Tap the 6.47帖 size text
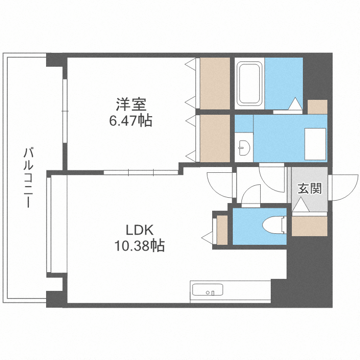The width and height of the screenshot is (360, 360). [x=131, y=120]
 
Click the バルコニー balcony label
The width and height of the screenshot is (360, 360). [x=28, y=178]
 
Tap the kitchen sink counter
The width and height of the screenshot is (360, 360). [x=207, y=291]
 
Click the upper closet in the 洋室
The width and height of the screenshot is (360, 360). [x=215, y=84]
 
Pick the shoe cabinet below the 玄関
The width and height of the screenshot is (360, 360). [x=309, y=226]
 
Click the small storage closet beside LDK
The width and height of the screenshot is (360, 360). [x=222, y=230]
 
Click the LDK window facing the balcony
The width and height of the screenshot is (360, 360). [x=49, y=224]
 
